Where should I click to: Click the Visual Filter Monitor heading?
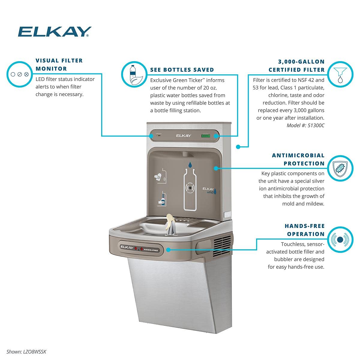coord(59,64)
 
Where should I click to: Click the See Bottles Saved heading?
coord(182,70)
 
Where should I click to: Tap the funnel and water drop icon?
coord(340,74)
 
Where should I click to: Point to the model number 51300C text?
coord(305,125)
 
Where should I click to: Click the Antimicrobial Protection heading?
coord(298,159)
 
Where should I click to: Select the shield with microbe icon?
coord(340,168)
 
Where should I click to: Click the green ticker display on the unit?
coord(205,136)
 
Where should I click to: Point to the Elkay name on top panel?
coord(183,136)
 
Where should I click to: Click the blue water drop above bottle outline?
coord(190,165)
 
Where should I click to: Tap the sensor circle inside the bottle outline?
coord(190,188)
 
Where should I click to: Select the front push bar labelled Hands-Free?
coord(141,248)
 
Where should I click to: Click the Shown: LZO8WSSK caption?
coord(26,352)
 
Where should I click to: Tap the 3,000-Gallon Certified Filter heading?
coord(296,66)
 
